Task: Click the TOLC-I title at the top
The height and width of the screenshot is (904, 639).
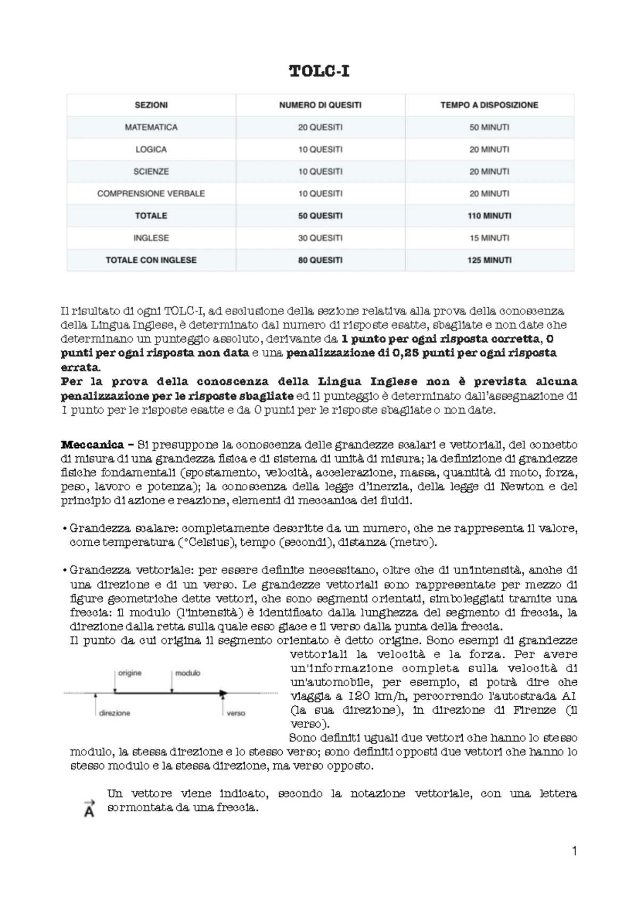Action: click(319, 71)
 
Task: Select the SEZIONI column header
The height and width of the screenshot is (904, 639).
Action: click(151, 105)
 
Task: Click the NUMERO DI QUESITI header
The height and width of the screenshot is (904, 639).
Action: click(320, 105)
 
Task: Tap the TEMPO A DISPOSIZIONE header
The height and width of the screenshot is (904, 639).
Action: click(489, 105)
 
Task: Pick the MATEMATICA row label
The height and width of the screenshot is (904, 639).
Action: click(151, 127)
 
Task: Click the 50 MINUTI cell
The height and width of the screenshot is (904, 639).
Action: click(489, 127)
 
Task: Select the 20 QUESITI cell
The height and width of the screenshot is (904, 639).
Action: click(320, 127)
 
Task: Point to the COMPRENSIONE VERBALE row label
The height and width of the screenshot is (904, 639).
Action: click(151, 193)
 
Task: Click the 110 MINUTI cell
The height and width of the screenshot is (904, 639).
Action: click(489, 216)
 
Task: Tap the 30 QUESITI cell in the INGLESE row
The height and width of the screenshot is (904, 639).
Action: click(320, 238)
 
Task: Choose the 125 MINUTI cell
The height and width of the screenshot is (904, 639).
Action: click(489, 260)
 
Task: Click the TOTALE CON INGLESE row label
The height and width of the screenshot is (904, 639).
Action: click(151, 260)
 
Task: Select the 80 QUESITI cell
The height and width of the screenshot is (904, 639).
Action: click(320, 260)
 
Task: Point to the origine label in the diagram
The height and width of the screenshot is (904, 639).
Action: click(129, 673)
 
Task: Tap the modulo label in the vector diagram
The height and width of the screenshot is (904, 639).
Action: click(187, 673)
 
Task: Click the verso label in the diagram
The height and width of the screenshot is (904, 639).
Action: click(235, 713)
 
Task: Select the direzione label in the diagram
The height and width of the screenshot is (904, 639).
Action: click(114, 713)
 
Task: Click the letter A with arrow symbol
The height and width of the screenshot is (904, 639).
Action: click(89, 809)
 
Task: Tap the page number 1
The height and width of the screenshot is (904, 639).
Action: click(574, 851)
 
